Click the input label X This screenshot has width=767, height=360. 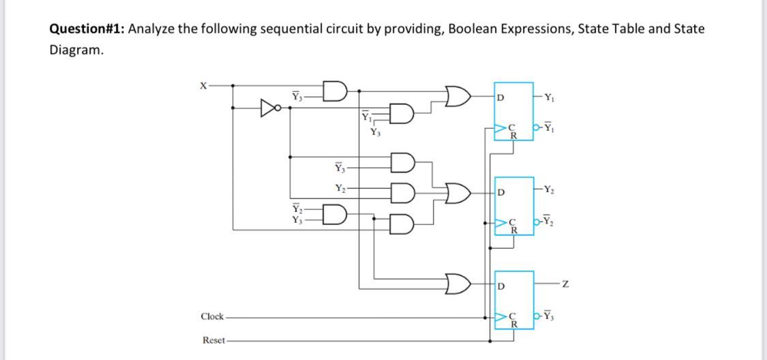(x=202, y=85)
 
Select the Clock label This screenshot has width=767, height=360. (x=212, y=316)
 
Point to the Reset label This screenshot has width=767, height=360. (x=213, y=340)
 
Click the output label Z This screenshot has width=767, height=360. (x=565, y=283)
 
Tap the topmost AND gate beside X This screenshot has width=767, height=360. (x=335, y=90)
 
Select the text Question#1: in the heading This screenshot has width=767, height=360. (x=87, y=29)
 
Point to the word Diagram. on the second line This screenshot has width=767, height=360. (x=77, y=50)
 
